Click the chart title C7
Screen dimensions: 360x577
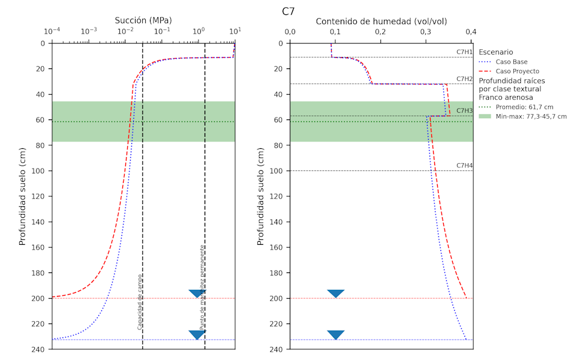pos(288,11)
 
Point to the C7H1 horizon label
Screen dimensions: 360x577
pos(464,52)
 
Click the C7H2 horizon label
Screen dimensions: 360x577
pos(464,79)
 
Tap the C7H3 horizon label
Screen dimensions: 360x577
pos(464,110)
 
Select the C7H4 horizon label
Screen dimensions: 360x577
pos(464,166)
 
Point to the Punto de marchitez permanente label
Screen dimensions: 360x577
pos(203,287)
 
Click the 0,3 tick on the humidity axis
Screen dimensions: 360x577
pos(425,31)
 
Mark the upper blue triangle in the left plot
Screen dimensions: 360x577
pos(197,293)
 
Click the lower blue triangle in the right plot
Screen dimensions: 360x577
pos(336,335)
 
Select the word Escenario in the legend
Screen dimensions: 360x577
pos(495,52)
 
